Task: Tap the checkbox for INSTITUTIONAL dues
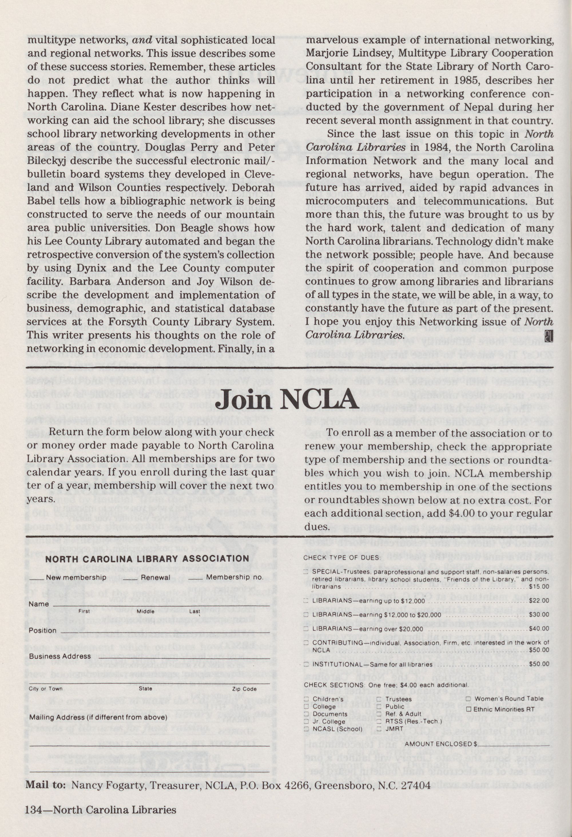tap(306, 664)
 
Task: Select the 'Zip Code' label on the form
tap(244, 689)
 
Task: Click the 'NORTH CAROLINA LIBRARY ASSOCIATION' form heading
tap(147, 559)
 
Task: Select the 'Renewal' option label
tap(155, 577)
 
